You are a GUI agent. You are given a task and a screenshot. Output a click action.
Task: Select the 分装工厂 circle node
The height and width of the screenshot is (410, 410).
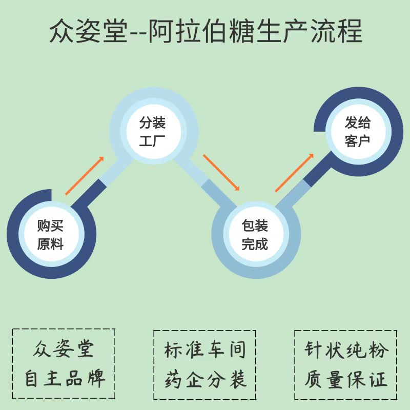(x=153, y=131)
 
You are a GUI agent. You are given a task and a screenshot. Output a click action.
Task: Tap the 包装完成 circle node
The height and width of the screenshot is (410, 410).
(x=255, y=235)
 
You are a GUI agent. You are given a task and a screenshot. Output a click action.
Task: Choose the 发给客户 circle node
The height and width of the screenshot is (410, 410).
(x=358, y=131)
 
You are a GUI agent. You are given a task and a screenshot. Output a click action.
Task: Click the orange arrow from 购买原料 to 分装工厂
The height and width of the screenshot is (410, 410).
(x=85, y=176)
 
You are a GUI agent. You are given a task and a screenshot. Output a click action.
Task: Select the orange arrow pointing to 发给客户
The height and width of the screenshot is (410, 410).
(x=294, y=173)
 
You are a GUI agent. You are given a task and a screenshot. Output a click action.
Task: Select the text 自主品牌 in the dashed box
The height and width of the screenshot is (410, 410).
(x=64, y=379)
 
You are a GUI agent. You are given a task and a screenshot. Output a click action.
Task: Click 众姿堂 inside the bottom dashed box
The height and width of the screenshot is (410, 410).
(x=64, y=350)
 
